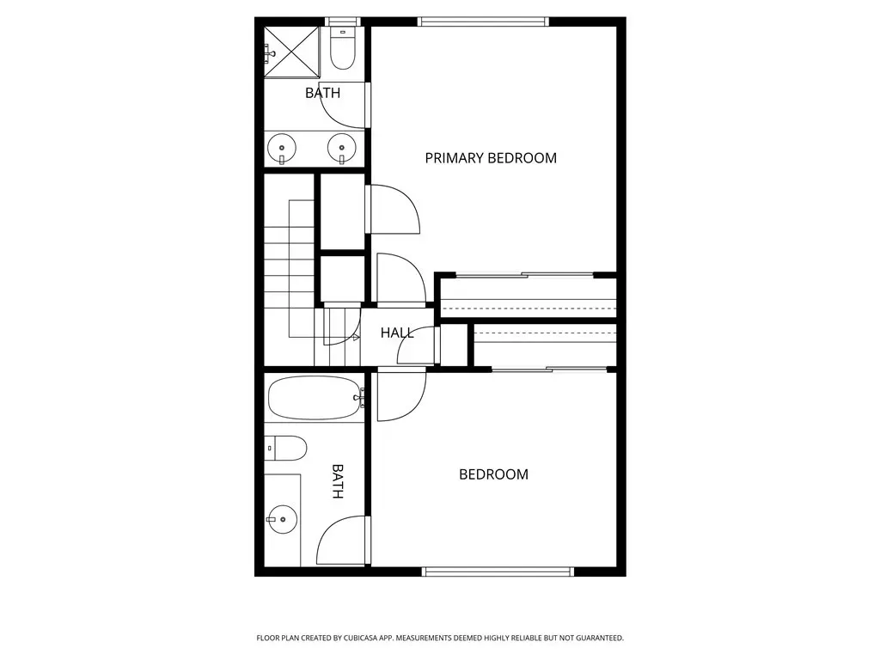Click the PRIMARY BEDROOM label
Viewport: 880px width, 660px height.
point(491,158)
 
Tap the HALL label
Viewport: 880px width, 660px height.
point(397,333)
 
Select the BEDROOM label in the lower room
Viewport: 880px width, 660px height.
point(493,474)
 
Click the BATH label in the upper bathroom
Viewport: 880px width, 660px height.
point(323,93)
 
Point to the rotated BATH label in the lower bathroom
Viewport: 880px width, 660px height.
point(337,481)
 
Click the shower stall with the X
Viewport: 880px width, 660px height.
point(292,52)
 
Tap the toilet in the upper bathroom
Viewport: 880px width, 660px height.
point(343,48)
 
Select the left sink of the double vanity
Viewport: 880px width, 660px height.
point(282,148)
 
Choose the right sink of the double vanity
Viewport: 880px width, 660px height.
point(341,148)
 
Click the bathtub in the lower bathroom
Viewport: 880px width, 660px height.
point(315,398)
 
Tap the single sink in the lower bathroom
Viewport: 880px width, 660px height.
point(282,520)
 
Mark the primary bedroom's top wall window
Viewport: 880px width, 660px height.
point(483,21)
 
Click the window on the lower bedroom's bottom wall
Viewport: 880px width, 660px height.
point(498,571)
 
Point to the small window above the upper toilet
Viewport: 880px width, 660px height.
point(343,21)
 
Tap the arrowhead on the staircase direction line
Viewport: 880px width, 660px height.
point(356,337)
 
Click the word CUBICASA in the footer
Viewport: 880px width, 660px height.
point(357,639)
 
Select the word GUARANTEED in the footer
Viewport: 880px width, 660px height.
point(601,639)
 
